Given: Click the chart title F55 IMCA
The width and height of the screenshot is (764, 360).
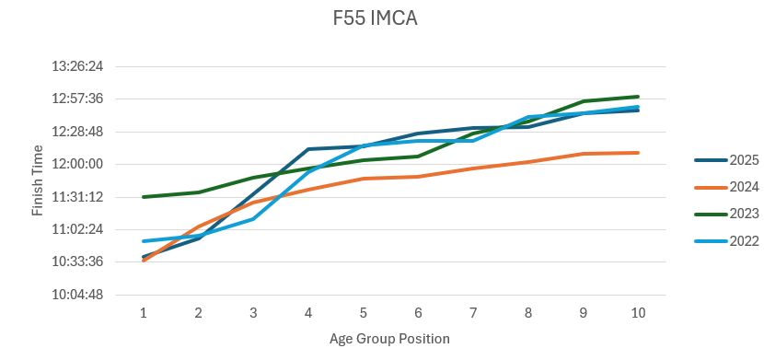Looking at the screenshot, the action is (375, 18).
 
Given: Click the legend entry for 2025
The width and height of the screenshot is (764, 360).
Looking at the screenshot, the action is (726, 160).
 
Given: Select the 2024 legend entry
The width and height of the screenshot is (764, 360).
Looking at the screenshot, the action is (726, 187).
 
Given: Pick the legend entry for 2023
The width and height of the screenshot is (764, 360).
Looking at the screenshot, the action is (726, 214).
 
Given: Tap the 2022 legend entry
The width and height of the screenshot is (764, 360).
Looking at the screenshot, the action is (726, 240).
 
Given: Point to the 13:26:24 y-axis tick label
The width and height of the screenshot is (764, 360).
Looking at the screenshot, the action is (77, 66).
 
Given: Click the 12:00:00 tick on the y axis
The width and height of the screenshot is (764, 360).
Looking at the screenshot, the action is (77, 164).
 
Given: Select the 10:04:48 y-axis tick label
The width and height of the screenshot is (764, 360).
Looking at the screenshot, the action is (77, 295).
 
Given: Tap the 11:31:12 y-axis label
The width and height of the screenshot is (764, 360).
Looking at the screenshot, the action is (77, 197).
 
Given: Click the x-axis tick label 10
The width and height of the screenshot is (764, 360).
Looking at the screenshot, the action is (638, 313).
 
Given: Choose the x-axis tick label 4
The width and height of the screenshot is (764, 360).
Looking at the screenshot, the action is (308, 313).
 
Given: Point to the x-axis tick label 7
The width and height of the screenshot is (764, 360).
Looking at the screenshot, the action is (473, 313).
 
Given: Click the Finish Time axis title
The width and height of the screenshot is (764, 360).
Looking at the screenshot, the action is (37, 180).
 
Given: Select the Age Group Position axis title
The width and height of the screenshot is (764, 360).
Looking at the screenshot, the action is (389, 339).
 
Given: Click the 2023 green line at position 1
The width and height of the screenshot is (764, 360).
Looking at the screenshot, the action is (144, 197).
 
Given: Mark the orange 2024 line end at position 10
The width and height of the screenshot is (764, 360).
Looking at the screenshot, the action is (638, 153).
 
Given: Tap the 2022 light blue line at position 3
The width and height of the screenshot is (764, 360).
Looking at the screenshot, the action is (253, 219).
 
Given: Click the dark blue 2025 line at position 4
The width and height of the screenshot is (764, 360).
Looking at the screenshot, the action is (308, 148).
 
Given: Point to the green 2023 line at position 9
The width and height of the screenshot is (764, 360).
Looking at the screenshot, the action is (583, 101).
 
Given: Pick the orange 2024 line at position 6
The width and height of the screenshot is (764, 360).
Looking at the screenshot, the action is (418, 177).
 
